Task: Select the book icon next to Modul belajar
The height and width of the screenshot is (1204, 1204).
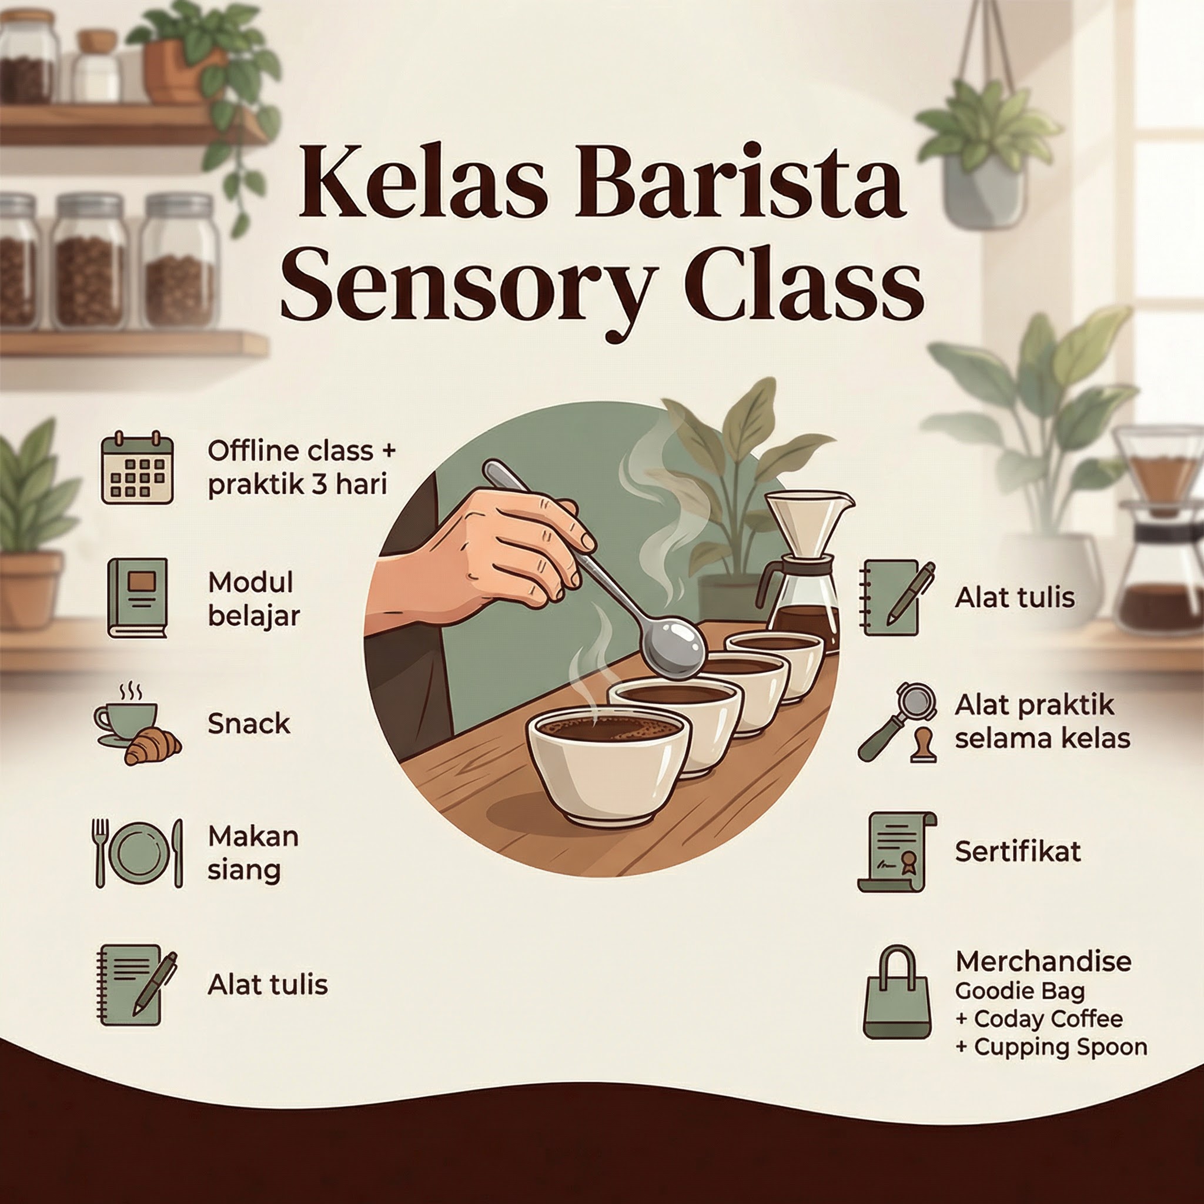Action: pyautogui.click(x=137, y=598)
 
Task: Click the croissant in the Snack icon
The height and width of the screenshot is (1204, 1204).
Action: pyautogui.click(x=153, y=747)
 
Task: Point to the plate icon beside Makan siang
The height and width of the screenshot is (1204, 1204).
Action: pyautogui.click(x=138, y=852)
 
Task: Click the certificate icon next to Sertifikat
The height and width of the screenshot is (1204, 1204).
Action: pyautogui.click(x=896, y=851)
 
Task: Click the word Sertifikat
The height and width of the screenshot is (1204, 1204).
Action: pyautogui.click(x=1018, y=851)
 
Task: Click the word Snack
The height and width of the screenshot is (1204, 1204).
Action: pyautogui.click(x=249, y=724)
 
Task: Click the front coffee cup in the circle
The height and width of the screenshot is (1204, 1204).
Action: pyautogui.click(x=608, y=768)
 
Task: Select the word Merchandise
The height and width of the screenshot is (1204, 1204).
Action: pyautogui.click(x=1044, y=961)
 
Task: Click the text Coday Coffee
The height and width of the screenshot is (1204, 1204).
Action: pyautogui.click(x=1049, y=1019)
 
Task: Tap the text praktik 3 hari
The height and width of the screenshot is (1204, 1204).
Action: pyautogui.click(x=298, y=485)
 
